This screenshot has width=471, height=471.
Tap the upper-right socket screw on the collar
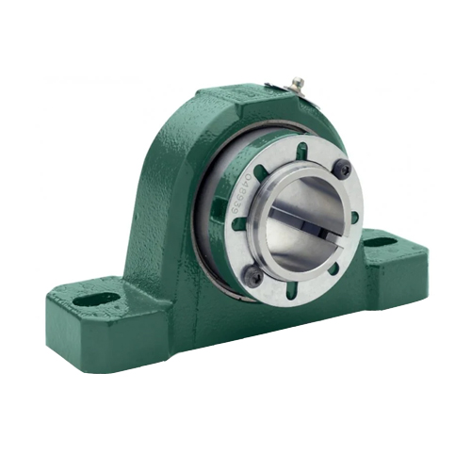click(x=345, y=169)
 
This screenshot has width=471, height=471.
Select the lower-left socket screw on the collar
click(x=252, y=275)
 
